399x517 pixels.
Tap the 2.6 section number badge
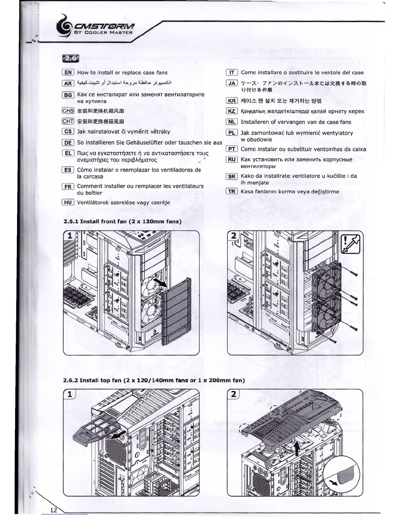(x=70, y=58)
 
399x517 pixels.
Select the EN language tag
(x=68, y=72)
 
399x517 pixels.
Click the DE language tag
(x=68, y=143)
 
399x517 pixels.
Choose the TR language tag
(x=232, y=192)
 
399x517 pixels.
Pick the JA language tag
(x=232, y=83)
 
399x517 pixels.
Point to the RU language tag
(x=232, y=160)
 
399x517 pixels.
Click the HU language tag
(x=68, y=202)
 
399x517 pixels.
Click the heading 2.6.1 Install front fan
(x=122, y=221)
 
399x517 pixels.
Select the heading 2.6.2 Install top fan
(x=154, y=380)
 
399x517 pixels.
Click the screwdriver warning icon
(x=350, y=243)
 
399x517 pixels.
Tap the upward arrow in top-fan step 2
(x=297, y=449)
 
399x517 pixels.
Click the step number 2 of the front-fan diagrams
(x=233, y=235)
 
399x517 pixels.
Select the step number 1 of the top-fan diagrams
(x=69, y=394)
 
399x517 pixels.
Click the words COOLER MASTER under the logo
(x=108, y=33)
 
